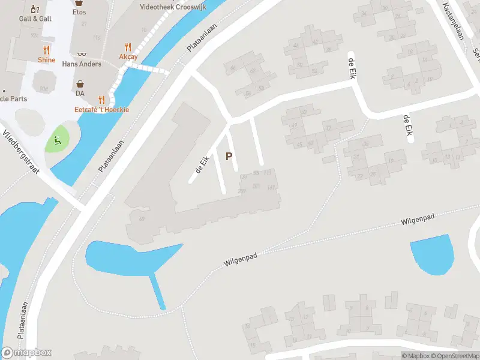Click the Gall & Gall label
click(x=35, y=19)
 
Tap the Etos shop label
click(x=79, y=12)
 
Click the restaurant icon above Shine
click(x=46, y=50)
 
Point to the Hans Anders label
click(x=82, y=64)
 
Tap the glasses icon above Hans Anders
click(x=82, y=54)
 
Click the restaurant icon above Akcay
click(x=128, y=47)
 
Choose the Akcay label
click(x=128, y=57)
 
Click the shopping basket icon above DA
click(x=80, y=85)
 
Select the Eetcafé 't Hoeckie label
click(x=101, y=110)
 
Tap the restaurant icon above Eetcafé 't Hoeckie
click(x=101, y=100)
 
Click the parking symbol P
click(x=228, y=157)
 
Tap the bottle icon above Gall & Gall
click(x=35, y=8)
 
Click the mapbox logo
click(x=26, y=353)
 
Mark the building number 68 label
click(x=142, y=218)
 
